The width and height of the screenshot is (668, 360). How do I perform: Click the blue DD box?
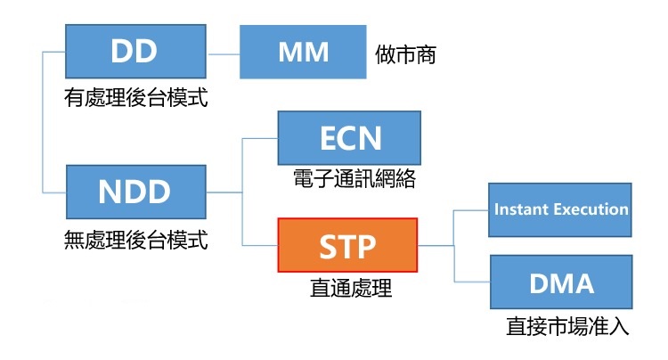[135, 51]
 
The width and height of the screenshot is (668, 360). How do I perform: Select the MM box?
[303, 52]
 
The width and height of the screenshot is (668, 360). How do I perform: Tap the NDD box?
[136, 192]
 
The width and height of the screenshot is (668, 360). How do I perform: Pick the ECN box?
[349, 138]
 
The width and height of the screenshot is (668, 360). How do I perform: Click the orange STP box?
[347, 245]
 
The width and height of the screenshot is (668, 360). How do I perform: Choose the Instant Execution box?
[560, 209]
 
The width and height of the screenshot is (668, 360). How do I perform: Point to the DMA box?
[561, 282]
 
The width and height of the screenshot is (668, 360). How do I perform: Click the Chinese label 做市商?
[405, 55]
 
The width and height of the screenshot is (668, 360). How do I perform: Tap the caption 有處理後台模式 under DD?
[136, 97]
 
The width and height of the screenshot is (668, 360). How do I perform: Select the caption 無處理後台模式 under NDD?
[136, 240]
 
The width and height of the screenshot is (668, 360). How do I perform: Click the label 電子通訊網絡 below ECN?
[354, 178]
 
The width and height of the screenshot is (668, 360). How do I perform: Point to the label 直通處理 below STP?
[351, 288]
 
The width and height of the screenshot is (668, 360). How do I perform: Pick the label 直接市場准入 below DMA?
[567, 326]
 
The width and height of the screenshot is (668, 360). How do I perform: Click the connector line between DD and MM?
[224, 54]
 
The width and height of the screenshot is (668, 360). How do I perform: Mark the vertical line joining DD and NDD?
[43, 122]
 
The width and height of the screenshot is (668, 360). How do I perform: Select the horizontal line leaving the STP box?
[436, 245]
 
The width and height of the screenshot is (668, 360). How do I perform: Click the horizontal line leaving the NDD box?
[224, 192]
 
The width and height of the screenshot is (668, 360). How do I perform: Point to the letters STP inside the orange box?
[347, 247]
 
